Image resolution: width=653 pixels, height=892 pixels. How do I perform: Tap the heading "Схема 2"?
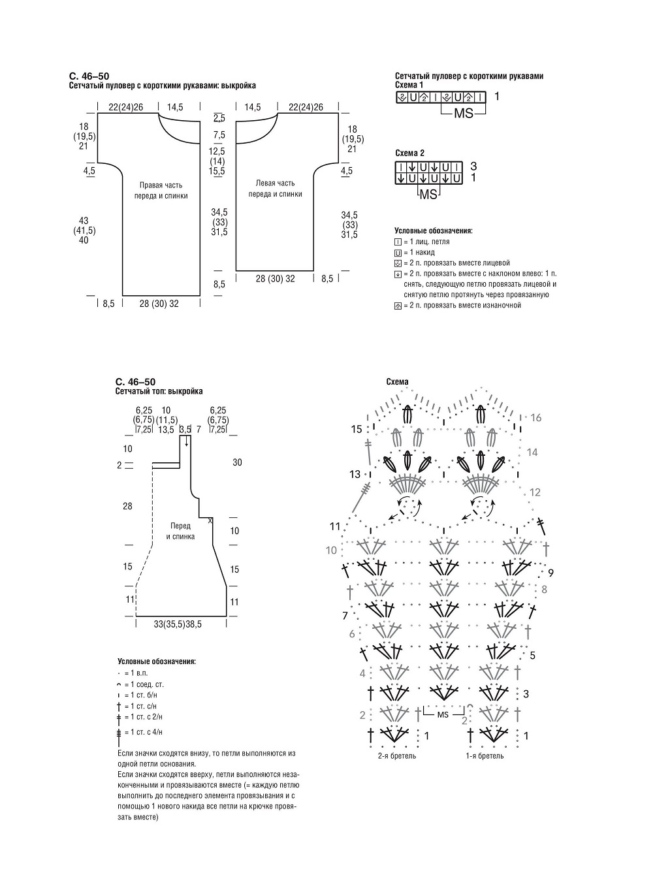409,153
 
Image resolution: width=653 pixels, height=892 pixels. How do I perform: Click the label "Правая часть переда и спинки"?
161,191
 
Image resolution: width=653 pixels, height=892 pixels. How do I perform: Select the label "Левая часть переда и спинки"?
275,189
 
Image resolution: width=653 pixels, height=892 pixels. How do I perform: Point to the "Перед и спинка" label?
180,532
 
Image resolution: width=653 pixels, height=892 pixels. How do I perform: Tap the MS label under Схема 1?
464,114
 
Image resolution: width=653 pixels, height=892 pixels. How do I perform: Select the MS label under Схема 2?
428,195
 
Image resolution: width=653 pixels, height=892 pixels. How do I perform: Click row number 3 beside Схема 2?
473,166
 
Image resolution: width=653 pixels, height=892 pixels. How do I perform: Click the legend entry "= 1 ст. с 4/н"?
139,732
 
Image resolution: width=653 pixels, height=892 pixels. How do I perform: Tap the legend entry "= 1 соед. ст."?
140,684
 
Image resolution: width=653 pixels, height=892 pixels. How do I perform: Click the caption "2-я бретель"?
397,756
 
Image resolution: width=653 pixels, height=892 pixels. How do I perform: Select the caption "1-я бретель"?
485,756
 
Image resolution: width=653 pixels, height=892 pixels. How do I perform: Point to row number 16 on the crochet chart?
536,418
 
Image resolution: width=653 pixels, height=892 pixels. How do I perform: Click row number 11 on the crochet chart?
335,526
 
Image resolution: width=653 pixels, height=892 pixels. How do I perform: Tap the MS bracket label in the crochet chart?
443,715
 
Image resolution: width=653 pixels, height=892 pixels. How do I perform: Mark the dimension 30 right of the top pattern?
237,462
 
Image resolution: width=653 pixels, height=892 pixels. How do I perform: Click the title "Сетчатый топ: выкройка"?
159,391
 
